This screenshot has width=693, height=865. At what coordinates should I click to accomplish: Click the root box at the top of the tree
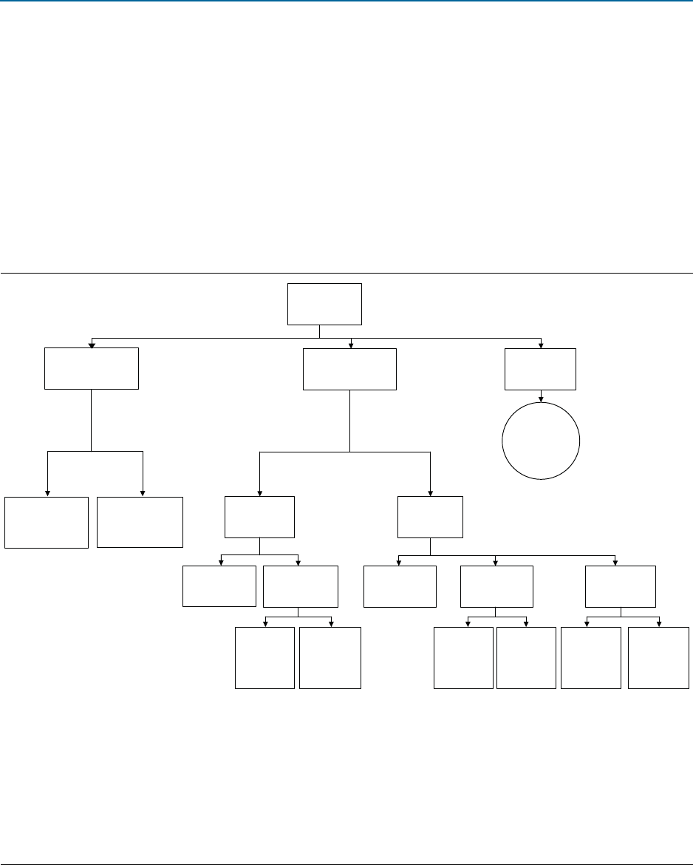(325, 303)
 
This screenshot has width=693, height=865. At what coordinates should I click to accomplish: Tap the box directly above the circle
(540, 369)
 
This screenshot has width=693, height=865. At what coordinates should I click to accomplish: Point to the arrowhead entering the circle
(541, 399)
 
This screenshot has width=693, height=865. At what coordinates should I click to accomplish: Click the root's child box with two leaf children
(92, 369)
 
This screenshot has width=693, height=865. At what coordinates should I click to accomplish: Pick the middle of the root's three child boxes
(349, 369)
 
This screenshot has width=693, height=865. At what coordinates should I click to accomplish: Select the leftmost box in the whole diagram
(47, 522)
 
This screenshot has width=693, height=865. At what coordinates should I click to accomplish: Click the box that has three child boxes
(430, 517)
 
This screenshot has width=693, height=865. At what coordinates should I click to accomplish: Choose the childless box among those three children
(400, 586)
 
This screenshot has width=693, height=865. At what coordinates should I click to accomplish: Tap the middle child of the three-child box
(496, 586)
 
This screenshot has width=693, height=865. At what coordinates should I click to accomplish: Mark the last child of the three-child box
(620, 586)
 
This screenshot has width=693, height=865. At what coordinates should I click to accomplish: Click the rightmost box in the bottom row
(658, 658)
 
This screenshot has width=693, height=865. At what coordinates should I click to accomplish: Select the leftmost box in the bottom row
(264, 658)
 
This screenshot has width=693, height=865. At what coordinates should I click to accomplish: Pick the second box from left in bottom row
(330, 658)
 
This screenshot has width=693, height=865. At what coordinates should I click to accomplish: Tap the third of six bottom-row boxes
(463, 658)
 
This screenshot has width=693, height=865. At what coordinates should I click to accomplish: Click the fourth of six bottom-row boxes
(526, 658)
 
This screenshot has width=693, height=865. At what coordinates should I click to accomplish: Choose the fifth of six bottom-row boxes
(590, 658)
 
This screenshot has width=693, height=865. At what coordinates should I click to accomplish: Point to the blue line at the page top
(346, 1)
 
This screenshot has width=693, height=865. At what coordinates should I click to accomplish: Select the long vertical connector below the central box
(349, 421)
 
